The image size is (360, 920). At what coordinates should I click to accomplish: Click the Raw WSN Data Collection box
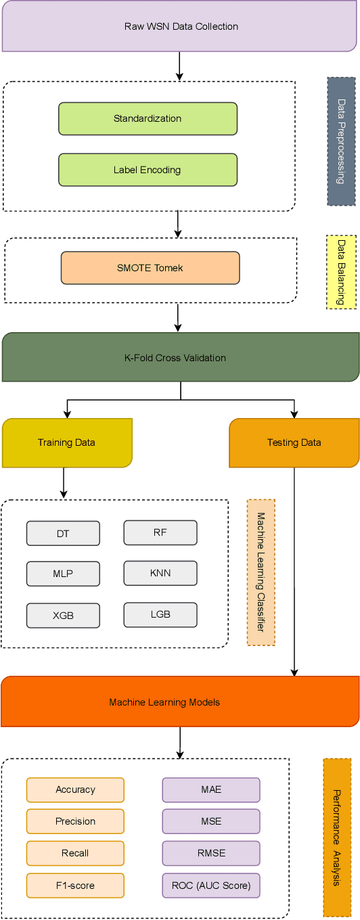(x=180, y=27)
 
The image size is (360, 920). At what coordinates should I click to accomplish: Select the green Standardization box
(x=148, y=119)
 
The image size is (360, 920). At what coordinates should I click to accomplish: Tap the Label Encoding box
(x=148, y=170)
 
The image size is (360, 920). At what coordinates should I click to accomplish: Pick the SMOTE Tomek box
(x=150, y=268)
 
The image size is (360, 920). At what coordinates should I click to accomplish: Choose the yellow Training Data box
(x=66, y=442)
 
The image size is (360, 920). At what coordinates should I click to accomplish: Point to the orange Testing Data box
(x=294, y=442)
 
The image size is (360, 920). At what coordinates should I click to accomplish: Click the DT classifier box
(x=63, y=534)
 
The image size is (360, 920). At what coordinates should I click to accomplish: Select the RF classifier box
(x=160, y=532)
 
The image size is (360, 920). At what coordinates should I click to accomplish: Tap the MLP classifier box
(x=63, y=574)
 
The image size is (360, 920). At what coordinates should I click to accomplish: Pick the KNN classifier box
(x=160, y=573)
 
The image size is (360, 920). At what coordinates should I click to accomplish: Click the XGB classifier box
(x=63, y=616)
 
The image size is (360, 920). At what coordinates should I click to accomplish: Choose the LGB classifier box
(x=160, y=614)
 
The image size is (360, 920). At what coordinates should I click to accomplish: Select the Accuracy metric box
(x=75, y=789)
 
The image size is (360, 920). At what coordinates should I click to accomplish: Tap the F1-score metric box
(x=75, y=885)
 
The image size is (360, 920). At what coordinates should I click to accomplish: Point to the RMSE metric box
(x=211, y=853)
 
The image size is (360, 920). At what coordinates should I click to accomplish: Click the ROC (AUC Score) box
(x=211, y=885)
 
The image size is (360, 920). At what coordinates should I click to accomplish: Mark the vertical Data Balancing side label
(x=341, y=272)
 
